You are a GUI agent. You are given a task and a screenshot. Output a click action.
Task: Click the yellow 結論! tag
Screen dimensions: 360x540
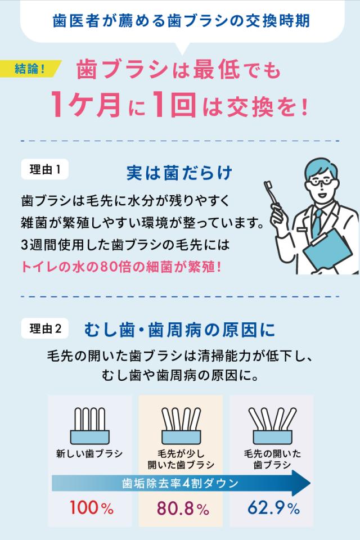(30, 68)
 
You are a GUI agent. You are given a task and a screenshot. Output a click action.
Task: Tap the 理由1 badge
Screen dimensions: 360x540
(45, 169)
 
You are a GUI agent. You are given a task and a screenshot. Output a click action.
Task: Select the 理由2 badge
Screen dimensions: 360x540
(45, 328)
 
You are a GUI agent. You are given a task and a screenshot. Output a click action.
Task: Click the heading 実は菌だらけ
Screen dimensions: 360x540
(179, 173)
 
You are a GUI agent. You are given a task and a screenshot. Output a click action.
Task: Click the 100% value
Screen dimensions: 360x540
(91, 507)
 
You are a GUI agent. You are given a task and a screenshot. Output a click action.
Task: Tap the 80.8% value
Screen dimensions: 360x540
(183, 508)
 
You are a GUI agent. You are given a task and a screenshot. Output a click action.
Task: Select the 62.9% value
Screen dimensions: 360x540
(273, 507)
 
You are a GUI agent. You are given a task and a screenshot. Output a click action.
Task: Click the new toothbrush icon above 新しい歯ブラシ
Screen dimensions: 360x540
(90, 426)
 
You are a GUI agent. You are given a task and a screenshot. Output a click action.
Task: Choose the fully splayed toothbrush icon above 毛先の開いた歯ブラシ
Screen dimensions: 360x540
(272, 426)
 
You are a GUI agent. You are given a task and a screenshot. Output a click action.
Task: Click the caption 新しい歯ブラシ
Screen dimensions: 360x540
(89, 453)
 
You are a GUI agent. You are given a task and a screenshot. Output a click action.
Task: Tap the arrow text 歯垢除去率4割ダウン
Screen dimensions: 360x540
(180, 483)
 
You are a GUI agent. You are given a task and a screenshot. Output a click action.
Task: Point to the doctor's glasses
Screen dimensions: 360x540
(321, 181)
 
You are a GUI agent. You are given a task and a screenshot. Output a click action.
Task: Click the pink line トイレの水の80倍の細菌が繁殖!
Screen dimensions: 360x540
(121, 267)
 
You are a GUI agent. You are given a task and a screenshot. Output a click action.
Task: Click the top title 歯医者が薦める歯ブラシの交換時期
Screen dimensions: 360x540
(181, 21)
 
